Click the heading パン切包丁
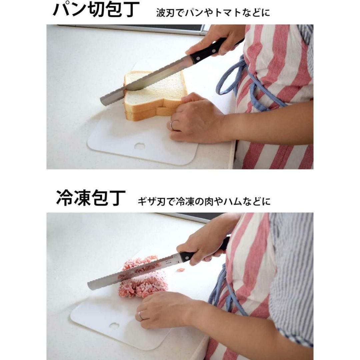coord(96,9)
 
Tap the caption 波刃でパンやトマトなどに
coord(213,13)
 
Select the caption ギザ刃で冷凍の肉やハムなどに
coord(204,202)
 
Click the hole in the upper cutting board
coord(140,146)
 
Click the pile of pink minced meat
coord(143,277)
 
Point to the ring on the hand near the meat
coord(140,315)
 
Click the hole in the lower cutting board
coord(114,326)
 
